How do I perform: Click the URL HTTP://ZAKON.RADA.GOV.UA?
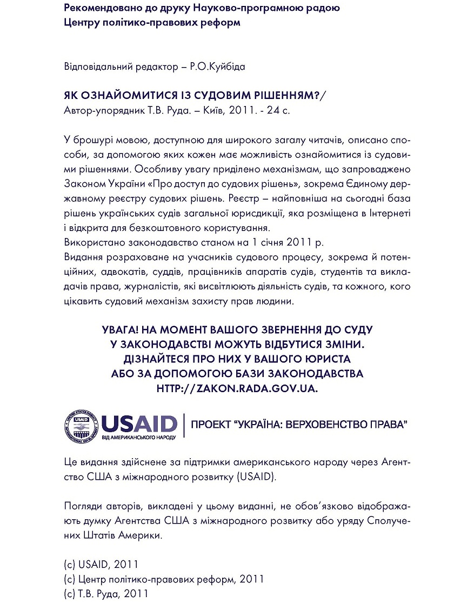(x=237, y=388)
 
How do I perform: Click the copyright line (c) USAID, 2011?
(x=101, y=564)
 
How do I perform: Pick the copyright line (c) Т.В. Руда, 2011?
(x=106, y=593)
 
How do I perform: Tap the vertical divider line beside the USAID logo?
(x=184, y=425)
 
